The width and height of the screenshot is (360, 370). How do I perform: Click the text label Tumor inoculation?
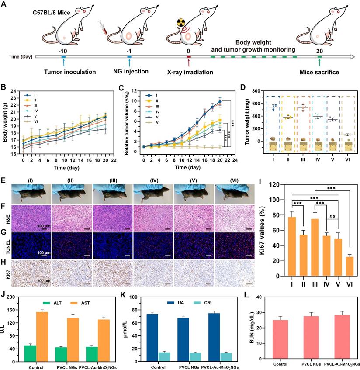click(x=64, y=72)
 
